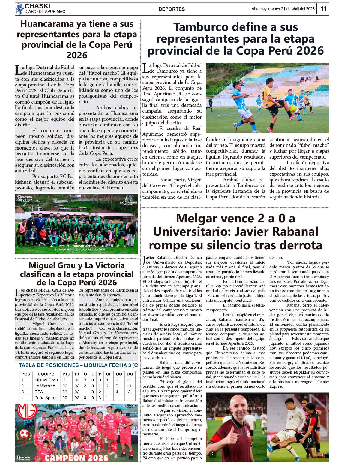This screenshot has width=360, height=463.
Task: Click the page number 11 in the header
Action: pos(323,9)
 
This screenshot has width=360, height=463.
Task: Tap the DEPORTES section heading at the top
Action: pos(172,9)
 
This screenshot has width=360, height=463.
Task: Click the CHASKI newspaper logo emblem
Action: pos(19,8)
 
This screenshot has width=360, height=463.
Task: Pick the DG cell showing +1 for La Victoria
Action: pos(129,386)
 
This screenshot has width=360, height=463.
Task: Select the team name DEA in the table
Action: pos(39,392)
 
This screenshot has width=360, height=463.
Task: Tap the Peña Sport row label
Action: pos(45,398)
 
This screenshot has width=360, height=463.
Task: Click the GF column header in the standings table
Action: pos(109,374)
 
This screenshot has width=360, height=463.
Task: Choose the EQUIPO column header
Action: pos(46,374)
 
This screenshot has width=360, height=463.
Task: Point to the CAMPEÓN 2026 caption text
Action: pos(76,458)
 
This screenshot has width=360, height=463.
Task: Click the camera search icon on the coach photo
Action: pos(213,454)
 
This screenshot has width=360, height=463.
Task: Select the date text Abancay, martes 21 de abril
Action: pos(283,9)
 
